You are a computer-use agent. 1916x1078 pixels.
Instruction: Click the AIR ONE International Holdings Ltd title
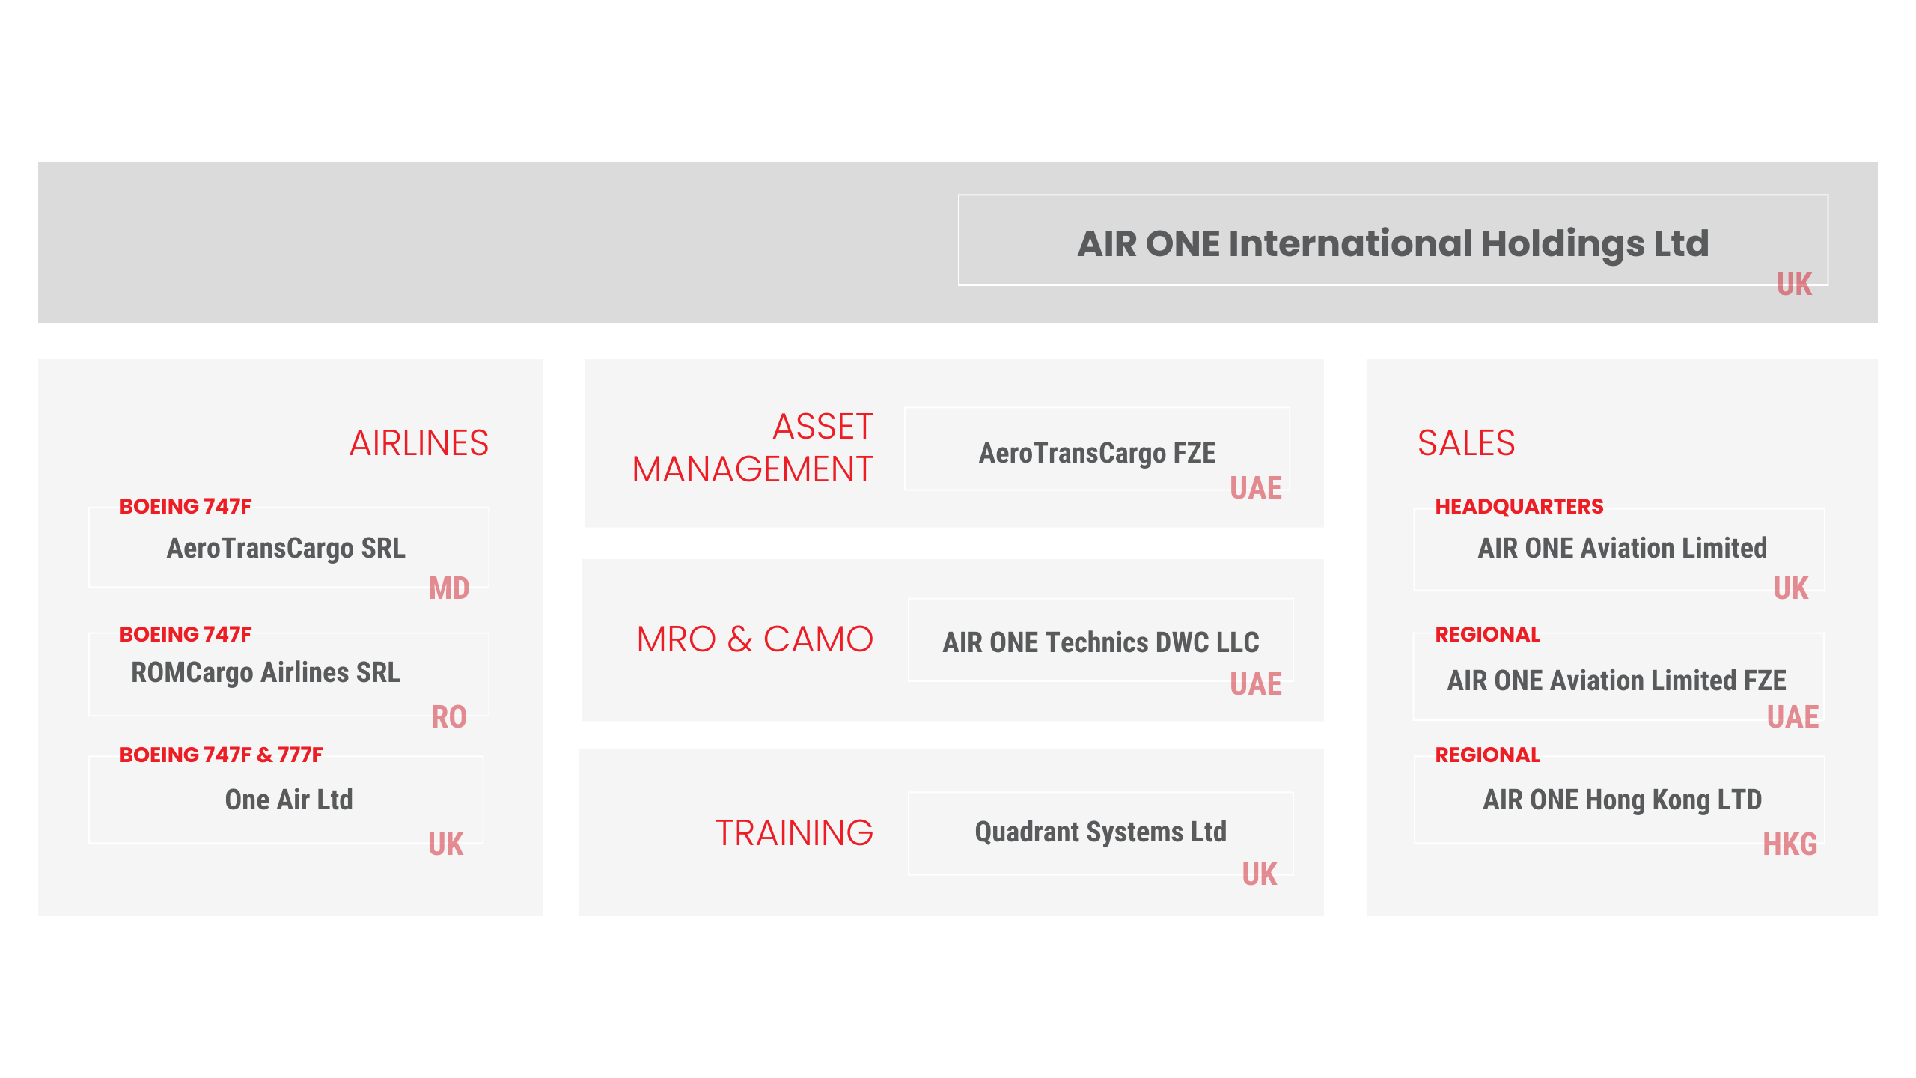[1393, 243]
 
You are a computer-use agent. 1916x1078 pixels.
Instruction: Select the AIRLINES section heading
[419, 443]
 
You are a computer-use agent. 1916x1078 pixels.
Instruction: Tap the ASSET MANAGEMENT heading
[753, 448]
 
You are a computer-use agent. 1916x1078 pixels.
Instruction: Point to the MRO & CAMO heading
[755, 639]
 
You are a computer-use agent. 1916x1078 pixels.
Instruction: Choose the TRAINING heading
[795, 833]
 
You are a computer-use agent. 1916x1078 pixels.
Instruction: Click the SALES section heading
[1466, 443]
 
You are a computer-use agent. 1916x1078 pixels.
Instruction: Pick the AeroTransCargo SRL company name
[286, 549]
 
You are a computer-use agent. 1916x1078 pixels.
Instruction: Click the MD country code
[449, 588]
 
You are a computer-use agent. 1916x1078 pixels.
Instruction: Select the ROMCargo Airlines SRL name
[266, 673]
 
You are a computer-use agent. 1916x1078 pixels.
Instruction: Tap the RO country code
[449, 717]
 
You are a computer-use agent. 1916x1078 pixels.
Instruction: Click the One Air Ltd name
[289, 800]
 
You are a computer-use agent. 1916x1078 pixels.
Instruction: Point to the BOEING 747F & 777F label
[222, 755]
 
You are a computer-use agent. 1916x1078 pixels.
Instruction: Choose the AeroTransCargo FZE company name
[1097, 454]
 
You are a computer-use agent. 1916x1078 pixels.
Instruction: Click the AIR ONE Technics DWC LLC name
[1101, 642]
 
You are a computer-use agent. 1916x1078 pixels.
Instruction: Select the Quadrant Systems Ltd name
[1101, 832]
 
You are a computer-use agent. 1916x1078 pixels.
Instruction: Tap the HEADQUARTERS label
[1519, 507]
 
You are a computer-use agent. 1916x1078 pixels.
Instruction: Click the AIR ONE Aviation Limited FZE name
[1617, 680]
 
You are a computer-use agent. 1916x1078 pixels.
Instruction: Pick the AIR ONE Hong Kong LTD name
[1623, 800]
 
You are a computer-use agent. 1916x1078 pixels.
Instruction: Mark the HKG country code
[1790, 844]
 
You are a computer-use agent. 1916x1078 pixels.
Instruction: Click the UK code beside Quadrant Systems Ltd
[1260, 874]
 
